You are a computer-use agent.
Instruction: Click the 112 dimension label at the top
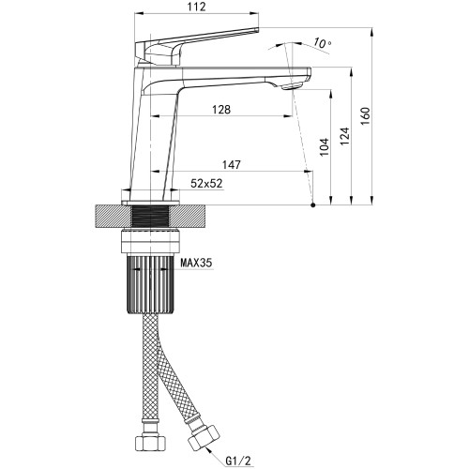(x=197, y=7)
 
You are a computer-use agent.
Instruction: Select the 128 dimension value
(x=221, y=110)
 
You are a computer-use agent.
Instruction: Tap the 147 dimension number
(x=232, y=164)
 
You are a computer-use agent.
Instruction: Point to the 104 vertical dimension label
(x=325, y=147)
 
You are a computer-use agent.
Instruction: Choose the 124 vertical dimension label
(x=344, y=136)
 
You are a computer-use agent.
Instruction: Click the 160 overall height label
(x=365, y=115)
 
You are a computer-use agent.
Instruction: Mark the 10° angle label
(x=323, y=42)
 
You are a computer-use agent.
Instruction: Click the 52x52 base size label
(x=206, y=183)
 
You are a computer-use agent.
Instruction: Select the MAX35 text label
(x=196, y=263)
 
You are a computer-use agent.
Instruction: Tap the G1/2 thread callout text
(x=238, y=461)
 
